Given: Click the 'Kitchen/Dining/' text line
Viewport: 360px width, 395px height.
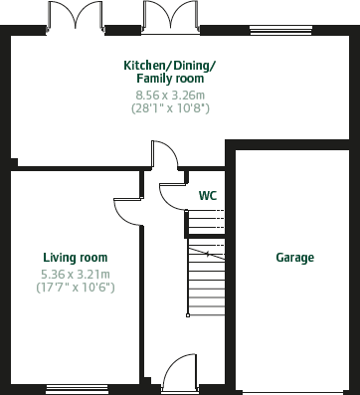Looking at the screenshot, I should (169, 65).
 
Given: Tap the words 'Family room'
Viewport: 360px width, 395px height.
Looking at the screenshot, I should (169, 78).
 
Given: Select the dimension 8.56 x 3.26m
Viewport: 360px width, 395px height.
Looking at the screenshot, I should (169, 95).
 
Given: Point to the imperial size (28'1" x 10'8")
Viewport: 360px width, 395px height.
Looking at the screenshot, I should (169, 107).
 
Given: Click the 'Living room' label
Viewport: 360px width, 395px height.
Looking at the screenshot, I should (75, 258).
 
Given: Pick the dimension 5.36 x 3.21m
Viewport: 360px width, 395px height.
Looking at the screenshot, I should (75, 274).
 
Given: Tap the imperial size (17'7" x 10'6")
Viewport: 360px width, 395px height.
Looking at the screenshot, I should (75, 288).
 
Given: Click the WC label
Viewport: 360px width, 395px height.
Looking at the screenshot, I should (207, 196).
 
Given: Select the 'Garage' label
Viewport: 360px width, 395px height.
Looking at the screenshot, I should (294, 258).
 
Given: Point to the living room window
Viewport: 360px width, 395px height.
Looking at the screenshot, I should (77, 388).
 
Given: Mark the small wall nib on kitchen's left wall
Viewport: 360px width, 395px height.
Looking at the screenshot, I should (13, 161).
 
